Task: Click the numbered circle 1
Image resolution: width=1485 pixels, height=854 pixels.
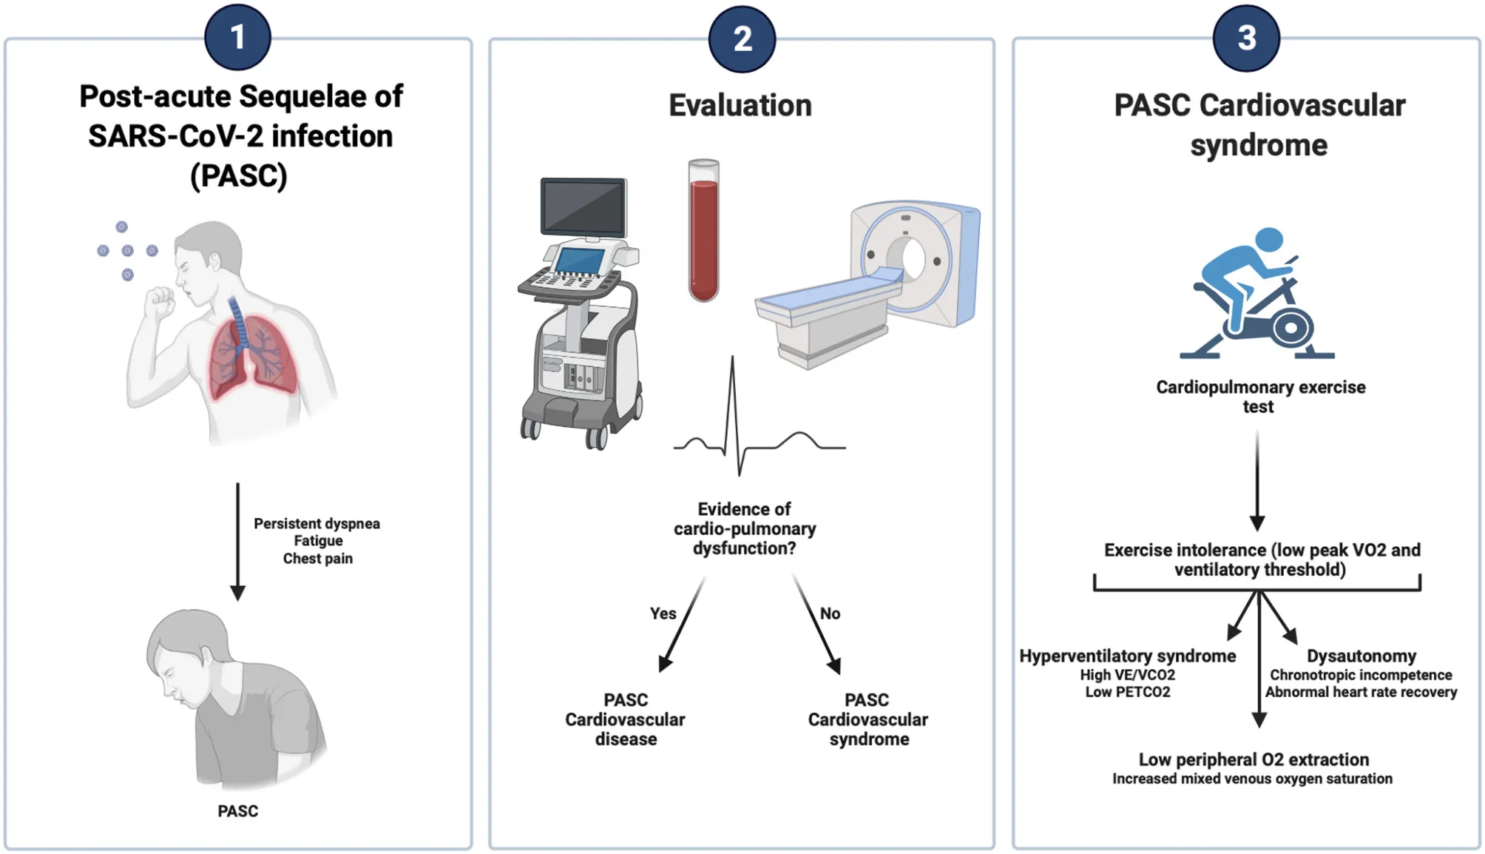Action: point(237,37)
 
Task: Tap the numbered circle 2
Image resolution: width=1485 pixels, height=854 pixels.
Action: point(742,38)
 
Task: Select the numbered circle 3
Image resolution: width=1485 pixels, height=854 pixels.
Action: point(1246,38)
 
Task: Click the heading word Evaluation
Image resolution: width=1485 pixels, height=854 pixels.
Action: point(740,106)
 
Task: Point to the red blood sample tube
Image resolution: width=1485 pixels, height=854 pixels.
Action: point(703,237)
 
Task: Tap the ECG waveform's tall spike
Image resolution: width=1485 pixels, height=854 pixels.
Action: point(733,400)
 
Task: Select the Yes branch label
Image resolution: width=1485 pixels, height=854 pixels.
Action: point(663,613)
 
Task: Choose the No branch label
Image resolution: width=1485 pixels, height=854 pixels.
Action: point(830,613)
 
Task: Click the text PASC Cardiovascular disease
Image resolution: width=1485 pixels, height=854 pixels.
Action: point(626,719)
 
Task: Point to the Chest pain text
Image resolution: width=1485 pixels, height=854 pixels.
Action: point(318,559)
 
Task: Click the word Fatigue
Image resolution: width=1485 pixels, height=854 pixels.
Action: point(318,541)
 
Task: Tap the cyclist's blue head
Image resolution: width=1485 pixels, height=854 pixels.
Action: point(1269,240)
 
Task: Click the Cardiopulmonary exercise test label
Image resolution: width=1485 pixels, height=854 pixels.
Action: point(1260,397)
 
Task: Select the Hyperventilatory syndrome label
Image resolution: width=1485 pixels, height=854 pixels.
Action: point(1127,656)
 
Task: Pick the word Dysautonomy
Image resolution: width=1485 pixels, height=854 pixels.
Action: point(1361,656)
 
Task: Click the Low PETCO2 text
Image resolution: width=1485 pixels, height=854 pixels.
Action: point(1128,692)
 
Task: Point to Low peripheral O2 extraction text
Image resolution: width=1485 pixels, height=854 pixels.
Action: point(1254,760)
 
